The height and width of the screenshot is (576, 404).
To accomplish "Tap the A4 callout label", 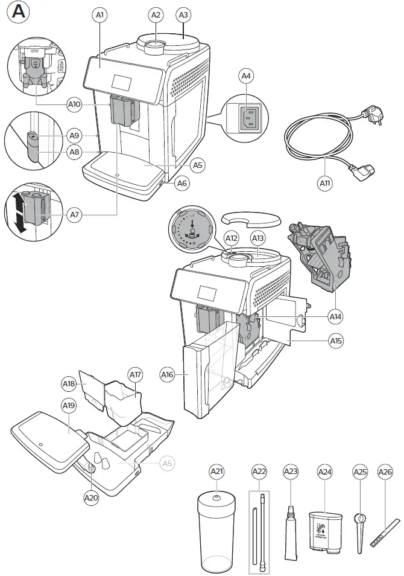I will pos(246,76).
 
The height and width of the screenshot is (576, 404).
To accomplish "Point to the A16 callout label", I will pos(168,375).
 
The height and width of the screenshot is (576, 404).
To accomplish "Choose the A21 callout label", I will pos(216,471).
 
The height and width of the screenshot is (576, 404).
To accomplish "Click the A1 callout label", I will pos(101,14).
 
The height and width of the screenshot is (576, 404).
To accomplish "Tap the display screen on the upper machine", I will pos(123,85).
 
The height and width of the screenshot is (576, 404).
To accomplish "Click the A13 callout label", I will pos(258,238).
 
